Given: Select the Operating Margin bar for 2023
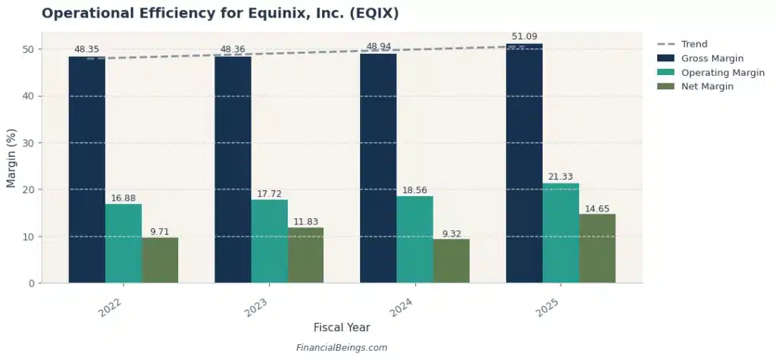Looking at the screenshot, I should tap(269, 241).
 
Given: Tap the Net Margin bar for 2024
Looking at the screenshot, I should tap(451, 261).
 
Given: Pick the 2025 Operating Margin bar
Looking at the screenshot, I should tap(561, 233).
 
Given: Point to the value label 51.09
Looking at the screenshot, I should tap(524, 36).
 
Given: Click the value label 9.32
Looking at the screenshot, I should tap(451, 233).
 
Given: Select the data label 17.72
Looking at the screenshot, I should tap(269, 194).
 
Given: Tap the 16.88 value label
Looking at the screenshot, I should tap(124, 198).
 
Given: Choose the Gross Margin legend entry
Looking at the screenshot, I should tap(709, 58).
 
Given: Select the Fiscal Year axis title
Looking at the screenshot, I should tap(342, 327).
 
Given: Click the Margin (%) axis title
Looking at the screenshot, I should tap(11, 158).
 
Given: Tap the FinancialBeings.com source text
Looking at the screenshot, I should tap(342, 348).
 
